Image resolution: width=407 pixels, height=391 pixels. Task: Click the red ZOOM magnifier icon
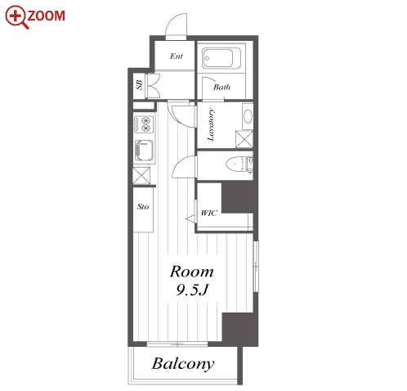tap(16, 17)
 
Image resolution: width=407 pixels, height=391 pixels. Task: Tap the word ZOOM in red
tap(47, 16)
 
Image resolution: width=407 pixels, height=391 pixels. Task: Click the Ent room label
tap(177, 56)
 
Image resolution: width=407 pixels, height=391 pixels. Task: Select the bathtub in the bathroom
tap(221, 58)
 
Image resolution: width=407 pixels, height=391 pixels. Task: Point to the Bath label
tap(221, 87)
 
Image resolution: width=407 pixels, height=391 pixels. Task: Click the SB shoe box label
tap(139, 85)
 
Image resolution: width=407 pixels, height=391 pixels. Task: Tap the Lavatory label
tap(211, 124)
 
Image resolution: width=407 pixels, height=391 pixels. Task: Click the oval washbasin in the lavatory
tap(248, 116)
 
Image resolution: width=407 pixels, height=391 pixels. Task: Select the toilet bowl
tap(236, 164)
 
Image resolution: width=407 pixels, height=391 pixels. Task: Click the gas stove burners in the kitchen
tap(144, 124)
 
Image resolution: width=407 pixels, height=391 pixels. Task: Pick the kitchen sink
tap(144, 151)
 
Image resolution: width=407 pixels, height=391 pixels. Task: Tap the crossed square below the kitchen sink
tap(141, 176)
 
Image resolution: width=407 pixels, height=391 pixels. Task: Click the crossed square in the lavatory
tap(244, 139)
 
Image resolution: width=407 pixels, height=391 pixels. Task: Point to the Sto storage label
tap(143, 207)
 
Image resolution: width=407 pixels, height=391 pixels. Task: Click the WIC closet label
tap(209, 213)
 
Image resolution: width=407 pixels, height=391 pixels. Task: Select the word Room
tap(192, 272)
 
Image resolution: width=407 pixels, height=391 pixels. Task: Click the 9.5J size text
tap(192, 290)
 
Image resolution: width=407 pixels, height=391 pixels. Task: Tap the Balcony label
tap(183, 364)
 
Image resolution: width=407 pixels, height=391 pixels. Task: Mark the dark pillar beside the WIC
tap(239, 197)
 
